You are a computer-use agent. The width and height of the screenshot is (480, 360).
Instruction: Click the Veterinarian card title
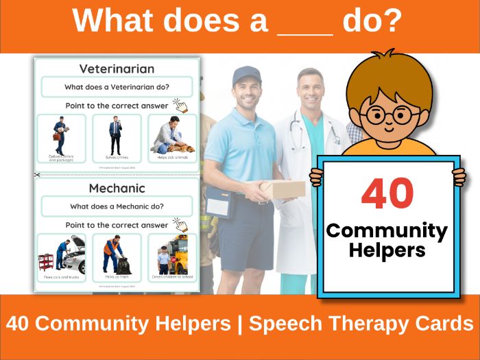pyautogui.click(x=117, y=69)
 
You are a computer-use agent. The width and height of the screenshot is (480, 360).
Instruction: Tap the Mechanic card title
pyautogui.click(x=117, y=188)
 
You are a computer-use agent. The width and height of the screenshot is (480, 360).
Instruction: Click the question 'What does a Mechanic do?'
pyautogui.click(x=117, y=206)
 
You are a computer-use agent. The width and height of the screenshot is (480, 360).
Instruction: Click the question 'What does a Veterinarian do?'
pyautogui.click(x=117, y=87)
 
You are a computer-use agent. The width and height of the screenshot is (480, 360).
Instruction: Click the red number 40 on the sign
pyautogui.click(x=387, y=195)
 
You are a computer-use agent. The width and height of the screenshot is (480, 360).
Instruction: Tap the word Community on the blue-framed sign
pyautogui.click(x=387, y=230)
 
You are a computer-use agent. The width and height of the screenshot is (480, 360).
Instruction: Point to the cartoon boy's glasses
pyautogui.click(x=388, y=115)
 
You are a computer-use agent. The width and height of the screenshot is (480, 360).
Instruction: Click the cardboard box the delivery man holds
pyautogui.click(x=282, y=189)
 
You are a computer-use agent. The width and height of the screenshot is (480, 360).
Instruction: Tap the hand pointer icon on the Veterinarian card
pyautogui.click(x=180, y=105)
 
